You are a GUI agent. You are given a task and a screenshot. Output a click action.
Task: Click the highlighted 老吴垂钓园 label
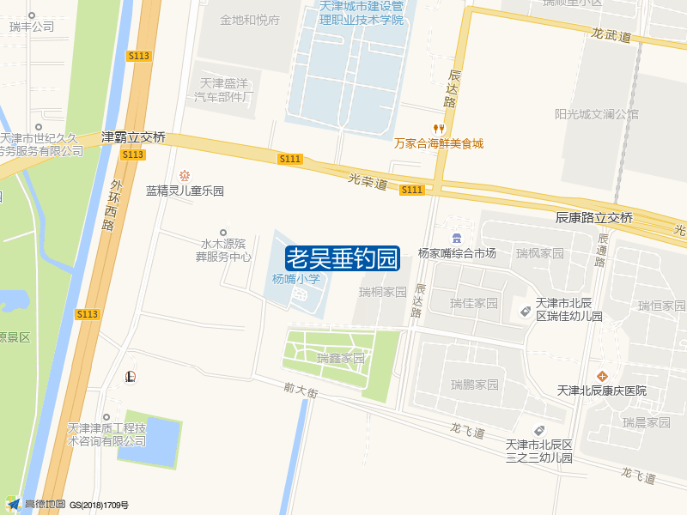343,257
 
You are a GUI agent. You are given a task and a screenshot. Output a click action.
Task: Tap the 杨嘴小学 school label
296,278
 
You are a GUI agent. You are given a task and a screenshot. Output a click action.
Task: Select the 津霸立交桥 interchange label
133,137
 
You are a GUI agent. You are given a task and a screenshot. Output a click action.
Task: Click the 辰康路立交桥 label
594,218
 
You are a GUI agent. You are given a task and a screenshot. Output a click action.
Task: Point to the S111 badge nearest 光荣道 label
412,190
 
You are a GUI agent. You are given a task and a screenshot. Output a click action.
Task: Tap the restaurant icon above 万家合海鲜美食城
439,128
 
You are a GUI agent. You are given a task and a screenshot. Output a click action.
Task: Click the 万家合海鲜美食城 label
439,143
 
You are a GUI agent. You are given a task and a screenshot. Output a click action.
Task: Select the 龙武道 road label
611,36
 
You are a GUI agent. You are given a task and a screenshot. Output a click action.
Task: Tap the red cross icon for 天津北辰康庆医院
603,376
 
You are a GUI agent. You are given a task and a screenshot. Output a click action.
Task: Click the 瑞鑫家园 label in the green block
341,358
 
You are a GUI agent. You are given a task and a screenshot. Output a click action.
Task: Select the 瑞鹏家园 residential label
475,384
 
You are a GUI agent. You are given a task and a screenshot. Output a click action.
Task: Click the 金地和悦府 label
250,20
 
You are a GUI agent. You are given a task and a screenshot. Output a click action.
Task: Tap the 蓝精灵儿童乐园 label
185,191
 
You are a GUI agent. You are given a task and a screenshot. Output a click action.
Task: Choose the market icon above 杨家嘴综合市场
457,238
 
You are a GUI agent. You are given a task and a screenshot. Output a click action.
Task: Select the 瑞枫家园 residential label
540,253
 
